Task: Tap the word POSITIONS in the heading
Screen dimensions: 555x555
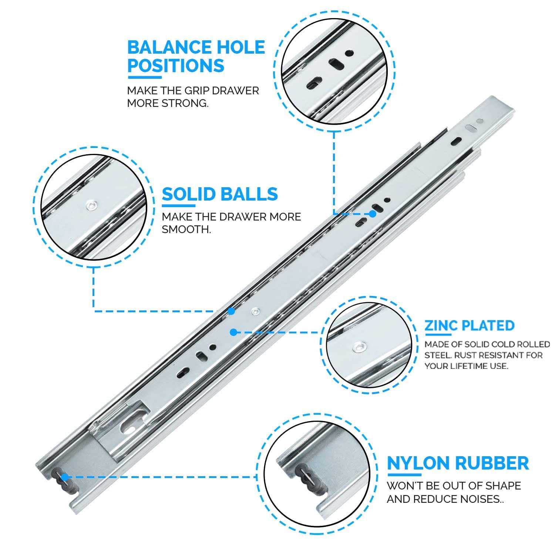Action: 176,65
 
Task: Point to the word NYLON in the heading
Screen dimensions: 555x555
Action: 418,463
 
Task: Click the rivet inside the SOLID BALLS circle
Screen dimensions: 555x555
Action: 91,205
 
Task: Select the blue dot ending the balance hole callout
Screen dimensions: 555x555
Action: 373,214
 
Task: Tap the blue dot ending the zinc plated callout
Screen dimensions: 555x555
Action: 233,332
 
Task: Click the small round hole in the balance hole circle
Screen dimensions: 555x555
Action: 349,53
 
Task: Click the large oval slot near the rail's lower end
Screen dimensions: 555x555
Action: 128,426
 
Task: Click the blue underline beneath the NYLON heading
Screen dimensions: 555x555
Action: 404,475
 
